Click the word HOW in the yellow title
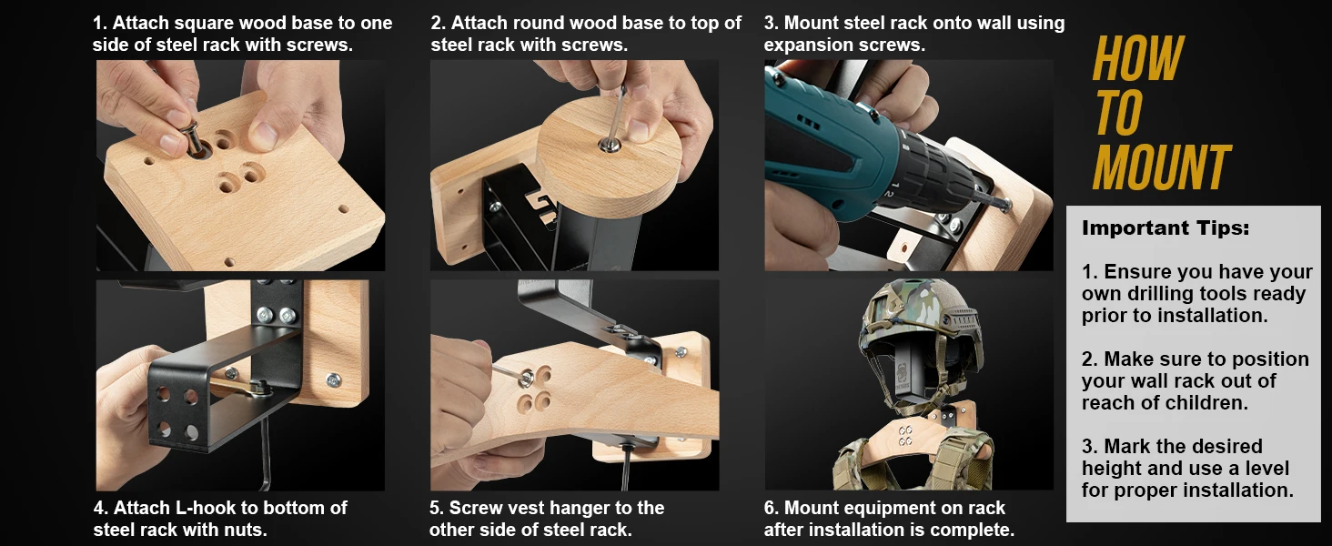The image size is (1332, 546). click(x=1138, y=58)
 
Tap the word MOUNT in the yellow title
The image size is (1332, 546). click(x=1161, y=167)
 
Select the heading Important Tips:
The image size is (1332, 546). click(x=1165, y=227)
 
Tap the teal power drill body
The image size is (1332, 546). click(x=851, y=148)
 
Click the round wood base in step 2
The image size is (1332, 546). click(x=609, y=154)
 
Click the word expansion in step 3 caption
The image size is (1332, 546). click(x=805, y=45)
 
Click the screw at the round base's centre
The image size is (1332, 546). click(x=610, y=144)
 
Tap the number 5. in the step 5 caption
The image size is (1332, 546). click(x=437, y=508)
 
